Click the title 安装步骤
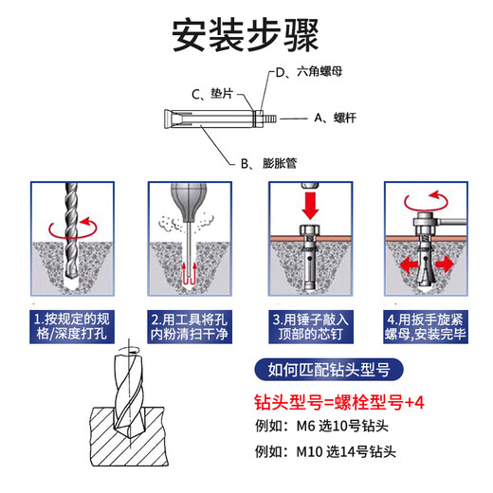[246, 35]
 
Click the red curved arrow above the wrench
[424, 200]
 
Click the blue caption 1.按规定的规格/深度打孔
[72, 327]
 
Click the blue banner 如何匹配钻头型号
[331, 371]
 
